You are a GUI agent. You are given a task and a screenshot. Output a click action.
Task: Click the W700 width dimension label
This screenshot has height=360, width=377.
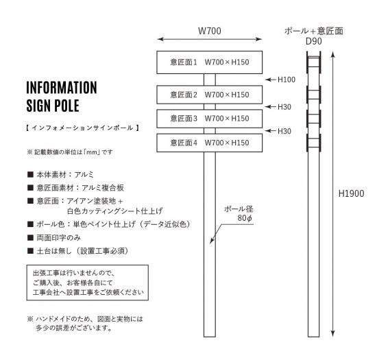point(210,31)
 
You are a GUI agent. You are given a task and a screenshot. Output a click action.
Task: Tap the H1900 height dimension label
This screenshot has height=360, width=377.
point(351,193)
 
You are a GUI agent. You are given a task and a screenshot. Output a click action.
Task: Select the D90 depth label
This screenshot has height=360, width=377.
point(313,41)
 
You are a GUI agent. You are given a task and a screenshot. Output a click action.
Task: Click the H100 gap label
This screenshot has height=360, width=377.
point(287,80)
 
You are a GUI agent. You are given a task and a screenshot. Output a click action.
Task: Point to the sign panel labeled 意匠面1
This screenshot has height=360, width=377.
point(210,62)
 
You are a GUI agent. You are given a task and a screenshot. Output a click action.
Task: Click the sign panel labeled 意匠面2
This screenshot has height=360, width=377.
point(210,95)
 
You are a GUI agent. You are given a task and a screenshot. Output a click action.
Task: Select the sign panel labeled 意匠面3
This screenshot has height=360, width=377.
point(210,119)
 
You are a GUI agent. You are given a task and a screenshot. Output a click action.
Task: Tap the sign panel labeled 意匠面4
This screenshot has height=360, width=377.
point(210,143)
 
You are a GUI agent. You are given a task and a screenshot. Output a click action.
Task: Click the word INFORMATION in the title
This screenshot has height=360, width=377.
point(62,88)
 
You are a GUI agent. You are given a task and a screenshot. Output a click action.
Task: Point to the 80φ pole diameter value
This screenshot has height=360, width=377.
point(245,218)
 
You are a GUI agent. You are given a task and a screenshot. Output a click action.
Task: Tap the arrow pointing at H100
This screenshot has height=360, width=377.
point(270,80)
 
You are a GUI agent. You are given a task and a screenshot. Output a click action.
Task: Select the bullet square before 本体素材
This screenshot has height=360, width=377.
point(30,174)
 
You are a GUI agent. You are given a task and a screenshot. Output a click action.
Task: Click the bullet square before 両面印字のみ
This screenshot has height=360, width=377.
point(30,238)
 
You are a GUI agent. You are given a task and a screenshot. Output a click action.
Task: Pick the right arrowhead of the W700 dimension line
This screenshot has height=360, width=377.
point(259,39)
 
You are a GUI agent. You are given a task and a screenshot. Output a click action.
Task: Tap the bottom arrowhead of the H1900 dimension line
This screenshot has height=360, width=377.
point(332,333)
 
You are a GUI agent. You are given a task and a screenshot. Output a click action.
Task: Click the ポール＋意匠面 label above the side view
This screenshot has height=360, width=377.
point(313,31)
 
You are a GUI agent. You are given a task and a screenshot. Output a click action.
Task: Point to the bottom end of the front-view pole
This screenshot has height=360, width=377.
point(210,337)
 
